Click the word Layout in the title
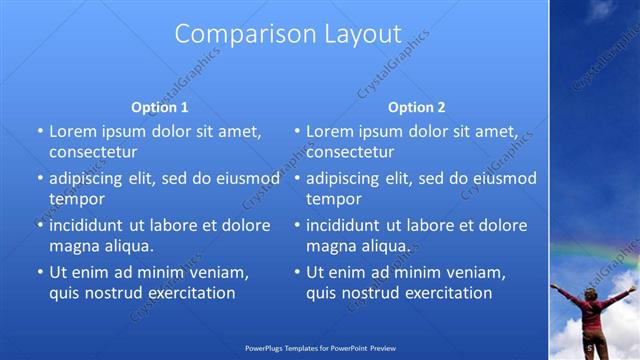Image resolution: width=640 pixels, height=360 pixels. coord(355,34)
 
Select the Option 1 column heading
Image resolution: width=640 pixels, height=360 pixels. coord(160,107)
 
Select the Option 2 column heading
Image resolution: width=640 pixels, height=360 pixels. coord(417,107)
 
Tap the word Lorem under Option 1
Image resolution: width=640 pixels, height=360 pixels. coord(72,131)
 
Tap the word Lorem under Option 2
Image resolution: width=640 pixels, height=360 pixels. coord(329,131)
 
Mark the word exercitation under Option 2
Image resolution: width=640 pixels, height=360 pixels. coord(442,293)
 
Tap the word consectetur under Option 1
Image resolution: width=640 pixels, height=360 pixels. coord(93,152)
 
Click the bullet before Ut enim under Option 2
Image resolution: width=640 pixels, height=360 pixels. coord(297,272)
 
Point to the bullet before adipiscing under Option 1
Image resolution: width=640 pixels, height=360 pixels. coord(40,178)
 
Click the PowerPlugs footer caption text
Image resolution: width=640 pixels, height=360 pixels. coord(320,349)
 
